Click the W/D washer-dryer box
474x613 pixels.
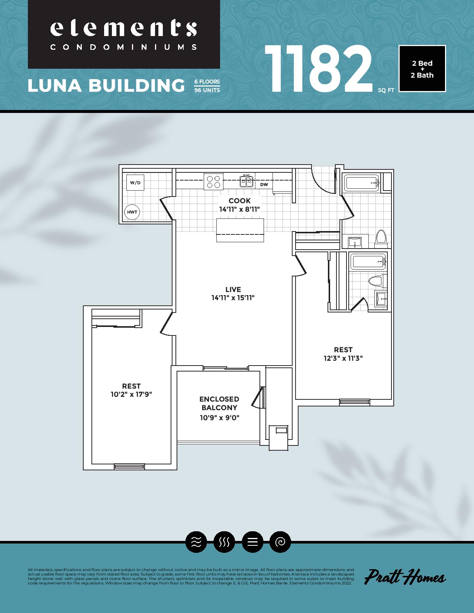pyautogui.click(x=135, y=182)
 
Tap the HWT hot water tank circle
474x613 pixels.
pyautogui.click(x=132, y=212)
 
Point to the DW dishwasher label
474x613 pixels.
pyautogui.click(x=264, y=185)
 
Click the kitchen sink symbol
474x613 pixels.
pyautogui.click(x=246, y=181)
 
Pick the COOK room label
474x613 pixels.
pyautogui.click(x=240, y=201)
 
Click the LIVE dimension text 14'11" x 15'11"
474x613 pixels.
pyautogui.click(x=233, y=298)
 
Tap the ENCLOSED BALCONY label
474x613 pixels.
pyautogui.click(x=219, y=403)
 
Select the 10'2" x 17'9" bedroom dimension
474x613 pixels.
pyautogui.click(x=131, y=394)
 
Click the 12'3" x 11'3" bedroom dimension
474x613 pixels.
pyautogui.click(x=343, y=358)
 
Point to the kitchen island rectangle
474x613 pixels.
pyautogui.click(x=240, y=230)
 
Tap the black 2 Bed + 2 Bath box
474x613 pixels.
pyautogui.click(x=422, y=69)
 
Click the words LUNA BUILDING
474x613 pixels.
pyautogui.click(x=106, y=85)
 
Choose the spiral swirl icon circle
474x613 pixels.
pyautogui.click(x=280, y=542)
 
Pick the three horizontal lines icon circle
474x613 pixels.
pyautogui.click(x=252, y=542)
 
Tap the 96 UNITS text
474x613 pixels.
pyautogui.click(x=207, y=90)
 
